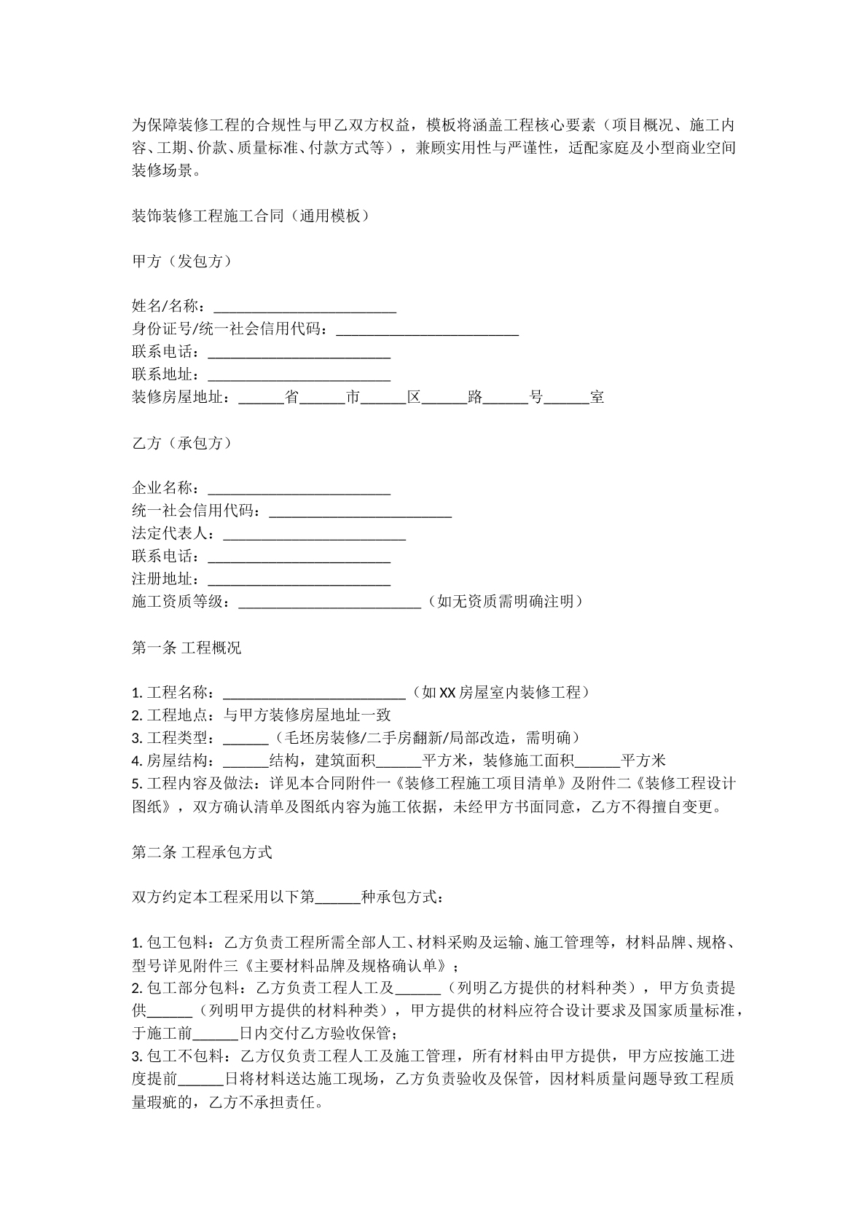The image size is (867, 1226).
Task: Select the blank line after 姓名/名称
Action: pyautogui.click(x=305, y=307)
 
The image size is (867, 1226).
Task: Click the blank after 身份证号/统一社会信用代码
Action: pyautogui.click(x=427, y=330)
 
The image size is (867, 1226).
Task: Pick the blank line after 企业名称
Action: pyautogui.click(x=299, y=489)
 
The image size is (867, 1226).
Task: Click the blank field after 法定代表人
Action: pyautogui.click(x=314, y=535)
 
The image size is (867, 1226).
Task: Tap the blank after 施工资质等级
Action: pyautogui.click(x=329, y=602)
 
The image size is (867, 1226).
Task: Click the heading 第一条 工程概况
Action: pyautogui.click(x=186, y=648)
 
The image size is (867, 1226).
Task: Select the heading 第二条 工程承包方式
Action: pyautogui.click(x=201, y=852)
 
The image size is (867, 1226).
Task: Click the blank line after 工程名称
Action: pyautogui.click(x=314, y=693)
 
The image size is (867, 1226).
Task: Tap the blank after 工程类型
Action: pyautogui.click(x=246, y=739)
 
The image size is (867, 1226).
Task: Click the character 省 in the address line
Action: pyautogui.click(x=291, y=398)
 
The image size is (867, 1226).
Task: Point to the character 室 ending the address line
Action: pyautogui.click(x=597, y=398)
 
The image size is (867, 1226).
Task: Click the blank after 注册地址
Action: pyautogui.click(x=299, y=580)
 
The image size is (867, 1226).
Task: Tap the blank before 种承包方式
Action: pyautogui.click(x=337, y=897)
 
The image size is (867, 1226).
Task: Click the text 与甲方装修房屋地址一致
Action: pyautogui.click(x=307, y=715)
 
